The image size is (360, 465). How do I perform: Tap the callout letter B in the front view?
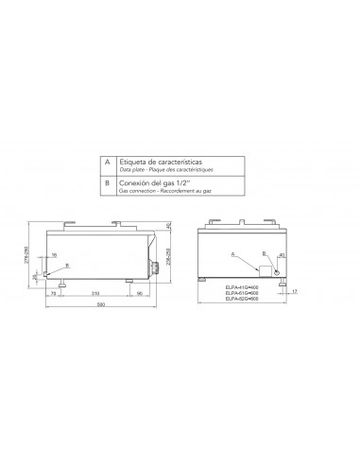click(265, 255)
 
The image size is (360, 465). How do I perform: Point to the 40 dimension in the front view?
click(281, 255)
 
